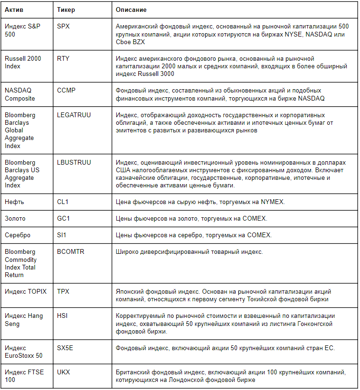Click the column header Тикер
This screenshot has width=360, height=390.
(66, 9)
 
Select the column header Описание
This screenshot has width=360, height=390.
(132, 9)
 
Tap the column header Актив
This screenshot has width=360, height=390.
(14, 9)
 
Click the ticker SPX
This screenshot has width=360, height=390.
(63, 27)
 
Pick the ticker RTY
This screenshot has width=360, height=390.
(63, 58)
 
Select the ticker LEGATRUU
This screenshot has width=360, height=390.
(74, 115)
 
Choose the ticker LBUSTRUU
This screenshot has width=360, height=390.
(74, 162)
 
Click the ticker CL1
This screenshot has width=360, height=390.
(63, 202)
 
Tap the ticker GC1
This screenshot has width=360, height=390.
(63, 218)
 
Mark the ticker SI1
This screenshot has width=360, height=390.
(62, 235)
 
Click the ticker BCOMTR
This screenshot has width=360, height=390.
(71, 251)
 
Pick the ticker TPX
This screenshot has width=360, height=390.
(63, 291)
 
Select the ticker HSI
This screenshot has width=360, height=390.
(62, 316)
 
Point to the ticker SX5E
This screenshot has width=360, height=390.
(65, 348)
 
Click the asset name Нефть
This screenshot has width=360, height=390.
(14, 202)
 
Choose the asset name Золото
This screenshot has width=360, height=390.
(15, 218)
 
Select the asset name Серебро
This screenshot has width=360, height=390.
(18, 235)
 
